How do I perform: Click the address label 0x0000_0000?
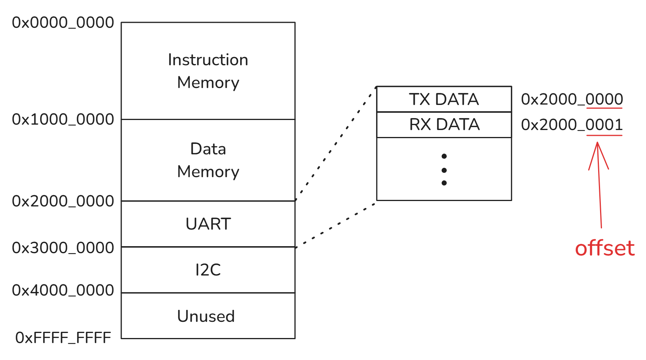point(63,23)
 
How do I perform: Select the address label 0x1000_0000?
point(63,119)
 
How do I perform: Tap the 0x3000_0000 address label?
point(63,248)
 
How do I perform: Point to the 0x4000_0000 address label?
point(63,290)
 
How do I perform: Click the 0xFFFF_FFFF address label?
point(63,338)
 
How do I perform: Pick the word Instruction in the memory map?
point(208,60)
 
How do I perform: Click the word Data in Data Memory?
point(208,149)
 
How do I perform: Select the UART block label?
point(208,224)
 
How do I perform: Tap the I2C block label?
point(208,270)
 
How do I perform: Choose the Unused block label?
point(206,316)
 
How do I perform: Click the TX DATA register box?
point(444,99)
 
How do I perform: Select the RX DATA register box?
point(444,125)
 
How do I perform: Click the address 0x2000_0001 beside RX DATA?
point(572,125)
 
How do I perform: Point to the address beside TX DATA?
point(572,100)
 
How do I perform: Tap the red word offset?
point(605,248)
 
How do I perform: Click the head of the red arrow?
point(597,142)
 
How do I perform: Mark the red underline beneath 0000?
point(604,108)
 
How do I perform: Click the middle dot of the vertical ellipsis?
point(444,170)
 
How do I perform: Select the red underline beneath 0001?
point(604,135)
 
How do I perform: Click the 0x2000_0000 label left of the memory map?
point(63,201)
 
